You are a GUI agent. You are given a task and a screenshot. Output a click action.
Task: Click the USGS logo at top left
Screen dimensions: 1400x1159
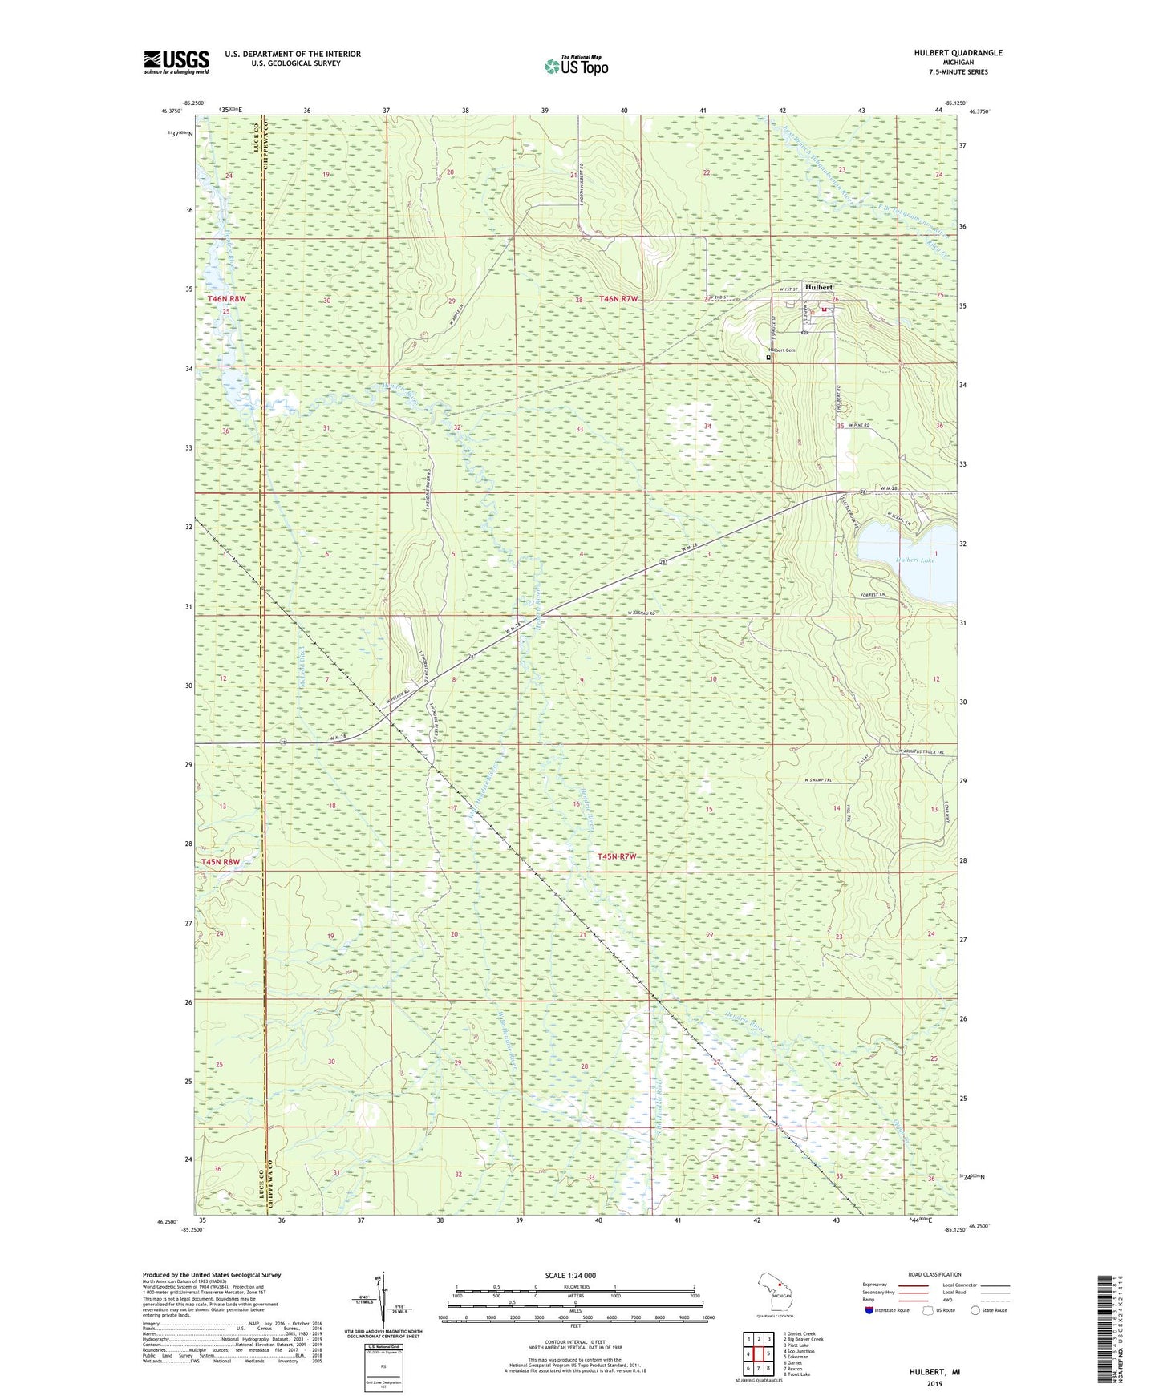pyautogui.click(x=176, y=62)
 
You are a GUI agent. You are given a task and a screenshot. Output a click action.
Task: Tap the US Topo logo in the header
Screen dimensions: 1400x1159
pyautogui.click(x=575, y=66)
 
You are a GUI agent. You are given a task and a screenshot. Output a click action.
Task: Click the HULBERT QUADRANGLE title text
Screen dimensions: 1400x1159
pyautogui.click(x=958, y=53)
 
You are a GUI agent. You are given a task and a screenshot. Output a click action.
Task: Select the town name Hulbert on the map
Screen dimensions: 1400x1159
pyautogui.click(x=819, y=287)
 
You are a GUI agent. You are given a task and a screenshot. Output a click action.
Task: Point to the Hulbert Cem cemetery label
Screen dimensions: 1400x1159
pyautogui.click(x=782, y=350)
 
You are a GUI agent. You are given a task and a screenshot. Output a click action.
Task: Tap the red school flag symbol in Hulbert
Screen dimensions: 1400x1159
pyautogui.click(x=823, y=310)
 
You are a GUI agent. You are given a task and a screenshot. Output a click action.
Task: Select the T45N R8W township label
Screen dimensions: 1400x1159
pyautogui.click(x=220, y=862)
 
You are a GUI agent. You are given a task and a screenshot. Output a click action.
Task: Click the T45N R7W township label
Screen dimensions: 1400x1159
pyautogui.click(x=617, y=856)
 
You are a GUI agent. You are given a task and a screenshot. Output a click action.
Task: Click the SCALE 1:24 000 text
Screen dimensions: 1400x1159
pyautogui.click(x=569, y=1276)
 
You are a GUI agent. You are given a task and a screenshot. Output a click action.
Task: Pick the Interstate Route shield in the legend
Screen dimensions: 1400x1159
pyautogui.click(x=869, y=1310)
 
